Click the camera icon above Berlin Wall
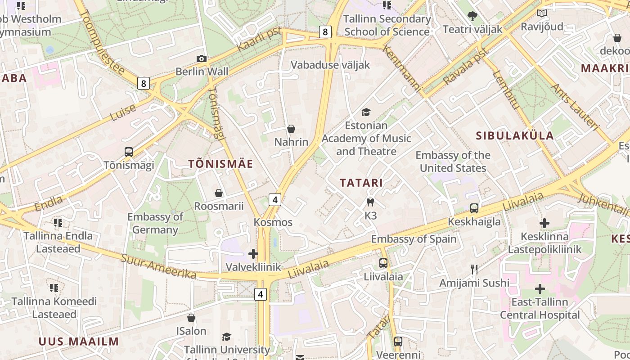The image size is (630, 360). (202, 58)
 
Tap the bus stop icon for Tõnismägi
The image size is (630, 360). (129, 152)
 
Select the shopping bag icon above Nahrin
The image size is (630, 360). (291, 129)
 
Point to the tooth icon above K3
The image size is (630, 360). (370, 202)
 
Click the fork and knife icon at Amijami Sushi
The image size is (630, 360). (474, 270)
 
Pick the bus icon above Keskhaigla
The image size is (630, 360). (474, 208)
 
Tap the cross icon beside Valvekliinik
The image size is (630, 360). (253, 254)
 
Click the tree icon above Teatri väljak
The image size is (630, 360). (472, 16)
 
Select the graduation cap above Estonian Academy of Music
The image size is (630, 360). (366, 112)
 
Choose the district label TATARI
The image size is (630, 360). (361, 183)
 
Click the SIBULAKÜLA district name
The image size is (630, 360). (515, 136)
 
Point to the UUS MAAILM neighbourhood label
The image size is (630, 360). (79, 342)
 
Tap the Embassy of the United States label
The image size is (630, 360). (453, 162)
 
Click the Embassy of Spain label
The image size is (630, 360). (414, 239)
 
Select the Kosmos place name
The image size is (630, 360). (273, 222)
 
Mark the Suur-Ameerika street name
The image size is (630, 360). (158, 266)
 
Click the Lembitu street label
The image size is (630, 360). (507, 90)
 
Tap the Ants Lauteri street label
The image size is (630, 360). (576, 108)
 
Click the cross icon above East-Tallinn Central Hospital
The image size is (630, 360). (540, 289)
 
